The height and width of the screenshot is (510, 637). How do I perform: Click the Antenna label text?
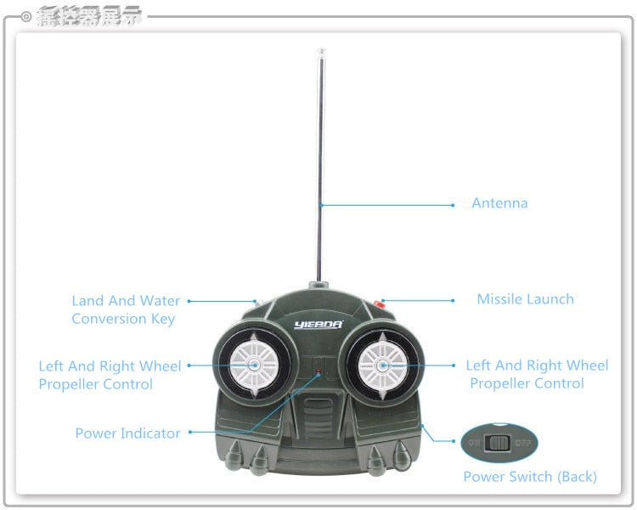pyautogui.click(x=499, y=203)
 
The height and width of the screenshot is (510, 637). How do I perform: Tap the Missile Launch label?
pyautogui.click(x=525, y=299)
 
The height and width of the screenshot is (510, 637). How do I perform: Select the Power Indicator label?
pyautogui.click(x=127, y=433)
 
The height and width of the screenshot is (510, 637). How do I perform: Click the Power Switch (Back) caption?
pyautogui.click(x=530, y=477)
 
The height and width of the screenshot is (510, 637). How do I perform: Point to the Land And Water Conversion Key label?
pyautogui.click(x=125, y=309)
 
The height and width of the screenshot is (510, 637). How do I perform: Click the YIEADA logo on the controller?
pyautogui.click(x=318, y=324)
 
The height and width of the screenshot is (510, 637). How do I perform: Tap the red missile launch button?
pyautogui.click(x=380, y=303)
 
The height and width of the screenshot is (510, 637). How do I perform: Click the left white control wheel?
pyautogui.click(x=254, y=365)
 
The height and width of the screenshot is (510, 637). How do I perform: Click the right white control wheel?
pyautogui.click(x=381, y=365)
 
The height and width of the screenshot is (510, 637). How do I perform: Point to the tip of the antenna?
pyautogui.click(x=321, y=54)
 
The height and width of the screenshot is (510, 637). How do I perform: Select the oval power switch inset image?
pyautogui.click(x=499, y=443)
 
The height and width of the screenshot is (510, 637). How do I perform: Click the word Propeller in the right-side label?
pyautogui.click(x=501, y=383)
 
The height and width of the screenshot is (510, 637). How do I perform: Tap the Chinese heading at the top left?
pyautogui.click(x=89, y=15)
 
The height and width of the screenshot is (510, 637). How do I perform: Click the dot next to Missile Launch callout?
pyautogui.click(x=454, y=300)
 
